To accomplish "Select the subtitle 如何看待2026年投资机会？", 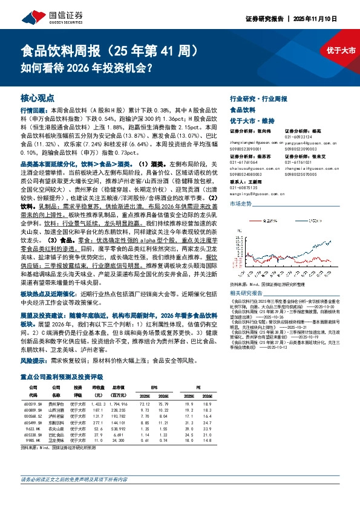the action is pyautogui.click(x=86, y=68).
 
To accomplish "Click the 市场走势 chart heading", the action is pyautogui.click(x=240, y=204).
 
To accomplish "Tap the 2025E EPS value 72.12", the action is pyautogui.click(x=145, y=403).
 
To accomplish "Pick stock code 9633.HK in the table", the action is pyautogui.click(x=31, y=429).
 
